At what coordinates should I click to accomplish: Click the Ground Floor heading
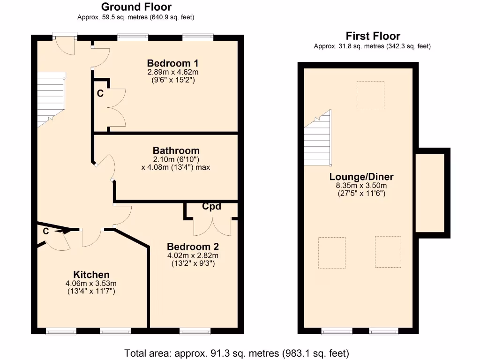pos(136,7)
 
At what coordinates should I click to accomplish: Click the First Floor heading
pos(373,36)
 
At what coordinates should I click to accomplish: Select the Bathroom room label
pos(176,151)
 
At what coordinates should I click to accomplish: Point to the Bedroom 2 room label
pos(193,247)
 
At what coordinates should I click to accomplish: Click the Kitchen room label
pos(91,275)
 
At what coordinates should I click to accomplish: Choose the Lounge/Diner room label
pos(361,177)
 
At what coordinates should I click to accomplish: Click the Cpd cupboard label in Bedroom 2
pos(211,207)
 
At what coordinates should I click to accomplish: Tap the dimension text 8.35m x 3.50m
pos(361,185)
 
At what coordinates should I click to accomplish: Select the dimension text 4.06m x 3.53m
pos(91,283)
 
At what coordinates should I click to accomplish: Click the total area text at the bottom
pos(237,352)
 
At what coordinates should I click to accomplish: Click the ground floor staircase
pos(50,98)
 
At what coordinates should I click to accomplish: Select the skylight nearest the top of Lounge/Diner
pos(370,95)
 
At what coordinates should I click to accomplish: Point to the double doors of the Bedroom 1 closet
pos(116,107)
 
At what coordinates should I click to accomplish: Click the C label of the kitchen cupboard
pos(46,231)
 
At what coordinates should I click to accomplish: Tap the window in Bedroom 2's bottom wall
pos(193,331)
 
